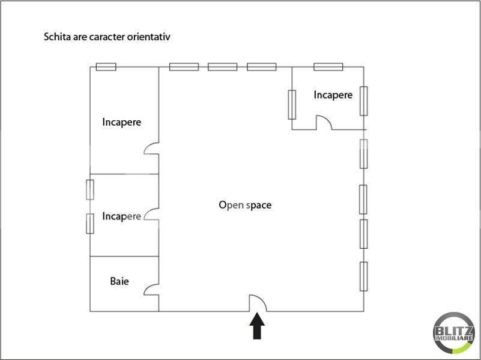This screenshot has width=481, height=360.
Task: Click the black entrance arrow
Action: (257, 327)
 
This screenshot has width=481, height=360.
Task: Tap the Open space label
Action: (245, 205)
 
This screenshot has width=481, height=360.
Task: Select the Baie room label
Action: (119, 281)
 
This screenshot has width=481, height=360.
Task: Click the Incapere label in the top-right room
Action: (333, 94)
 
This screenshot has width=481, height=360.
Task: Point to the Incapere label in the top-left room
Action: (122, 122)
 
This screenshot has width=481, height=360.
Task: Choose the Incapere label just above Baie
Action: (122, 216)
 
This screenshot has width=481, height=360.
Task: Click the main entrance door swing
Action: (258, 303)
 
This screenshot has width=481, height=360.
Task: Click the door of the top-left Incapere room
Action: (151, 148)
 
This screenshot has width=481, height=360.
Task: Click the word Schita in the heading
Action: (55, 37)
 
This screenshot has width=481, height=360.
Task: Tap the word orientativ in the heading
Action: (151, 37)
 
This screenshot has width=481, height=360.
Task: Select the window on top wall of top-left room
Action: (106, 67)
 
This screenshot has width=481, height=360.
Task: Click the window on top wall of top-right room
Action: (328, 67)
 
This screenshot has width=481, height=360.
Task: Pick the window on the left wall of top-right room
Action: (292, 105)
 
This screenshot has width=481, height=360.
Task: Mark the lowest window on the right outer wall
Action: (363, 276)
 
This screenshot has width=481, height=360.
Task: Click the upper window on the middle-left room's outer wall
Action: (90, 189)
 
